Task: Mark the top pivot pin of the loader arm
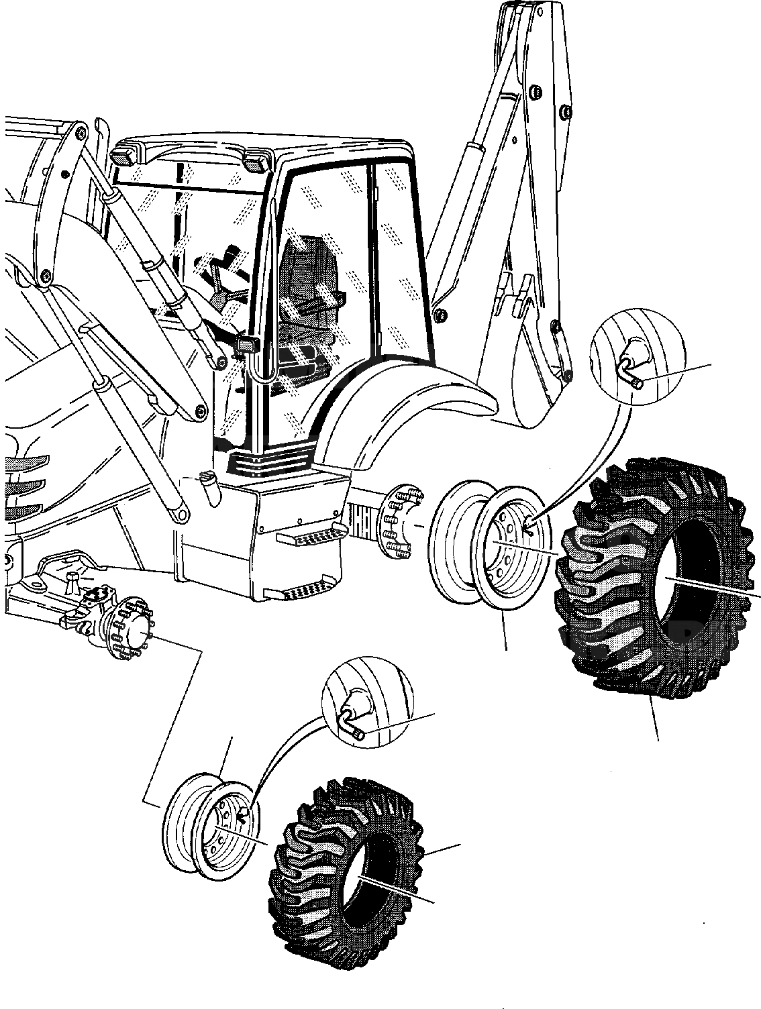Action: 80,134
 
